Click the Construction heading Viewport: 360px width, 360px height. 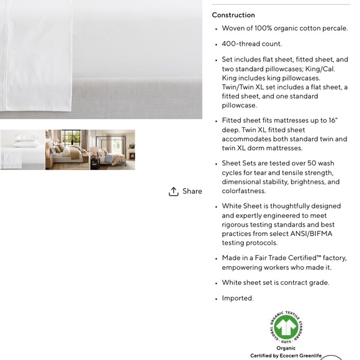pos(233,15)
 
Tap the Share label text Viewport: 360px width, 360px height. pos(192,191)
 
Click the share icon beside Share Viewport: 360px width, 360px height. pos(174,191)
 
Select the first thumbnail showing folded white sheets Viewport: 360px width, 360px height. pos(22,150)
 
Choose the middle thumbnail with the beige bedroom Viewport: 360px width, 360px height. pos(67,150)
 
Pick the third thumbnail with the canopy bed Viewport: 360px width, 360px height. pos(112,150)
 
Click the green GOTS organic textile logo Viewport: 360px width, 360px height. pos(286,327)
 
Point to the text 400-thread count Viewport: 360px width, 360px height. pos(252,44)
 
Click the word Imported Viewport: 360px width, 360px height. pos(238,298)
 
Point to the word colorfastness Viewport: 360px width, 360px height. pos(244,191)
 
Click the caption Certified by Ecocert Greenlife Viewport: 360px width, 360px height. pos(286,356)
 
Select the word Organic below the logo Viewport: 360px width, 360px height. pos(286,348)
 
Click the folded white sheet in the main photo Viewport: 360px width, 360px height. pos(37,56)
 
